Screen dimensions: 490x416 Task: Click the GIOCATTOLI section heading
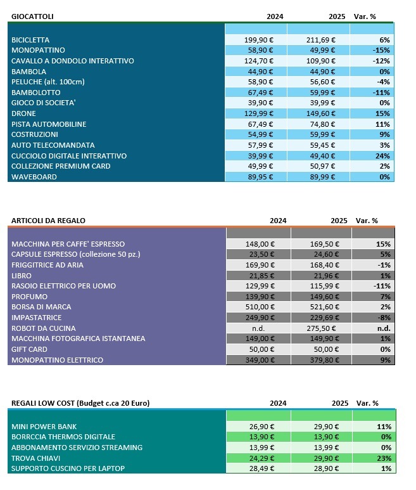pyautogui.click(x=32, y=15)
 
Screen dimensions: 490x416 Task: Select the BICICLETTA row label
pyautogui.click(x=30, y=40)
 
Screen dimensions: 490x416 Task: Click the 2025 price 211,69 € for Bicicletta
pyautogui.click(x=321, y=40)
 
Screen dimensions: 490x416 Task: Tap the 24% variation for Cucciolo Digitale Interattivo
pyautogui.click(x=382, y=156)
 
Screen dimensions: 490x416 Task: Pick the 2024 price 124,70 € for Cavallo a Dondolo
pyautogui.click(x=259, y=61)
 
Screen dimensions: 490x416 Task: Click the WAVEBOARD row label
pyautogui.click(x=34, y=177)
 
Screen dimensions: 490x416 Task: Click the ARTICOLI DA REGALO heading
pyautogui.click(x=48, y=221)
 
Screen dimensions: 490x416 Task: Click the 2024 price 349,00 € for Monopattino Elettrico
pyautogui.click(x=259, y=360)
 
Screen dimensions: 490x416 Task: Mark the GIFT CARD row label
pyautogui.click(x=30, y=349)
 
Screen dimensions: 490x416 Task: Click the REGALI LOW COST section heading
pyautogui.click(x=80, y=403)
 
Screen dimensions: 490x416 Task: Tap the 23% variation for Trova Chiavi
pyautogui.click(x=382, y=458)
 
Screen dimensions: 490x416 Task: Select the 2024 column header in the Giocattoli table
pyautogui.click(x=275, y=15)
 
